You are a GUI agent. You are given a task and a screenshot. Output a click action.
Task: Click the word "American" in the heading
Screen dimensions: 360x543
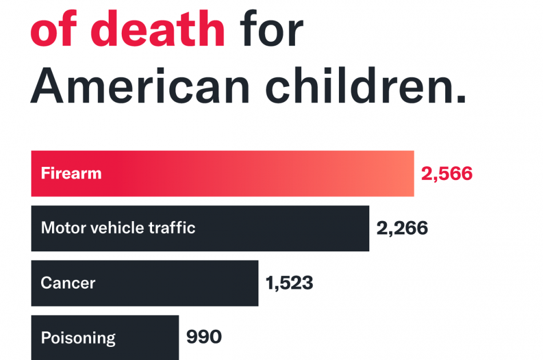tap(140, 87)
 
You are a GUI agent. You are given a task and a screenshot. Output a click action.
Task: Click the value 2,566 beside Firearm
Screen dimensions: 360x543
tap(446, 174)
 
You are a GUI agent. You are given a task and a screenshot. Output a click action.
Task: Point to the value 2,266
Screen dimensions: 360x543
tap(402, 229)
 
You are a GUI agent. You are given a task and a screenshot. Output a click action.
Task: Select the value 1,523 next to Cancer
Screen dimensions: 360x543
tap(289, 283)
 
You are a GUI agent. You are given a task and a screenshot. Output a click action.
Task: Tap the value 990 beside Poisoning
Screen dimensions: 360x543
tap(204, 337)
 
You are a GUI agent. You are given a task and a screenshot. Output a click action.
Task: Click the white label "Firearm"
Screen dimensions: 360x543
tap(71, 174)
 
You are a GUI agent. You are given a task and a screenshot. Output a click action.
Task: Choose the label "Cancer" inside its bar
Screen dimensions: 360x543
tap(68, 283)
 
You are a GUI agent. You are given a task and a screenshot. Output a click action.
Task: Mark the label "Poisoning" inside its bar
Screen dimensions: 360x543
tap(78, 338)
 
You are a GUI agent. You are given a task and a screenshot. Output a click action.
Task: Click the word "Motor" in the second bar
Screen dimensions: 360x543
tap(62, 229)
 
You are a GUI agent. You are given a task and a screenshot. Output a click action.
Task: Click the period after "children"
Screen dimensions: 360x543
tap(462, 102)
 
